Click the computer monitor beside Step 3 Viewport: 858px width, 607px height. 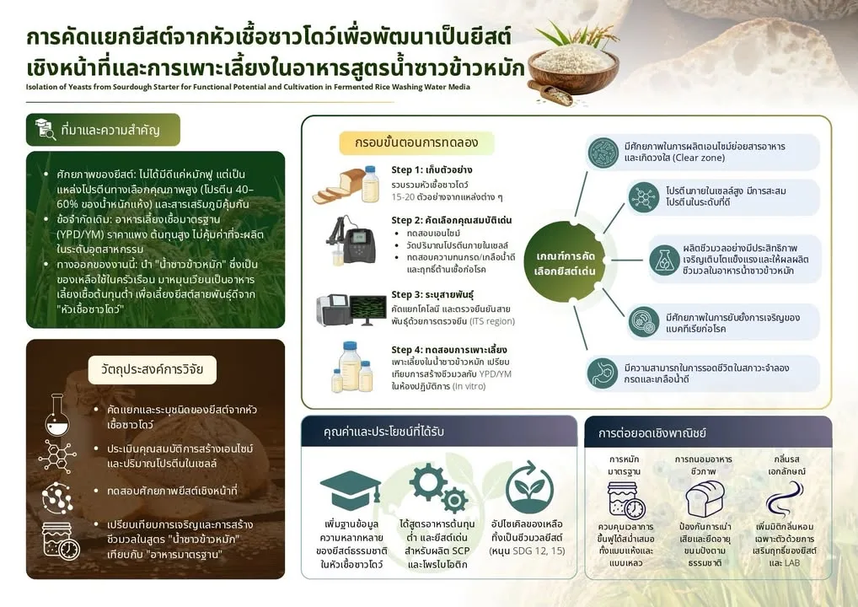(367, 309)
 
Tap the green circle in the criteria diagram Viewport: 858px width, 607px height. (565, 262)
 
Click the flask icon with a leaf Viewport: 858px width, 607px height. (664, 260)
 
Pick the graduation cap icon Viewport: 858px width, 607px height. (351, 489)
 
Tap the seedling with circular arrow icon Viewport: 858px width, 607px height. (528, 487)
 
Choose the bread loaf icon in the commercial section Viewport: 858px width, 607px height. (705, 498)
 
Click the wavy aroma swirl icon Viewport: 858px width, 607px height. (786, 499)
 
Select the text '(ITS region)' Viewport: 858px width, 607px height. (492, 321)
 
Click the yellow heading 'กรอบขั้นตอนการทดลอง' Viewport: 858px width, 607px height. (416, 142)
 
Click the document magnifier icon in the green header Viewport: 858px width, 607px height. (46, 130)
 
